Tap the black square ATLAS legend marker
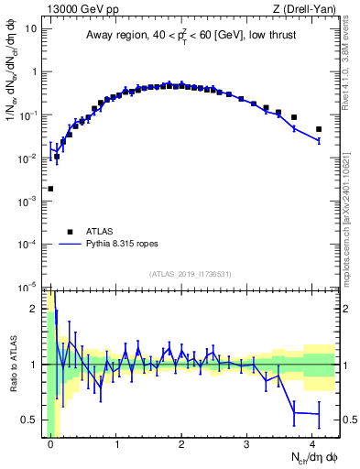70,232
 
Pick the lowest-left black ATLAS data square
50,189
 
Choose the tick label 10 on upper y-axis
31,28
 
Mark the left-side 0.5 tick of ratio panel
30,420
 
